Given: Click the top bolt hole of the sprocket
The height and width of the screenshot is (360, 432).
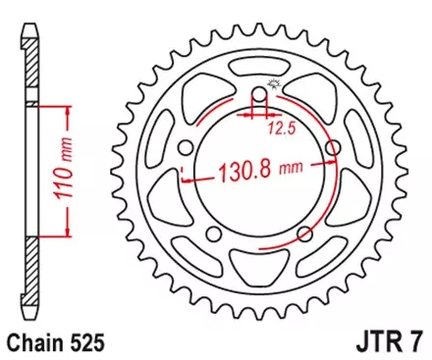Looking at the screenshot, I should [259, 96].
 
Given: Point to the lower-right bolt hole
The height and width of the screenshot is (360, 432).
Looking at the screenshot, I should [304, 234].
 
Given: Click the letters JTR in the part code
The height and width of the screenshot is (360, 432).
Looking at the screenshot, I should [375, 344].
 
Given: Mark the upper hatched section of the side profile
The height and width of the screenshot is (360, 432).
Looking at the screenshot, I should [32, 64].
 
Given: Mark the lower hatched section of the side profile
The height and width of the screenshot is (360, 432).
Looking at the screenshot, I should [32, 280].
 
